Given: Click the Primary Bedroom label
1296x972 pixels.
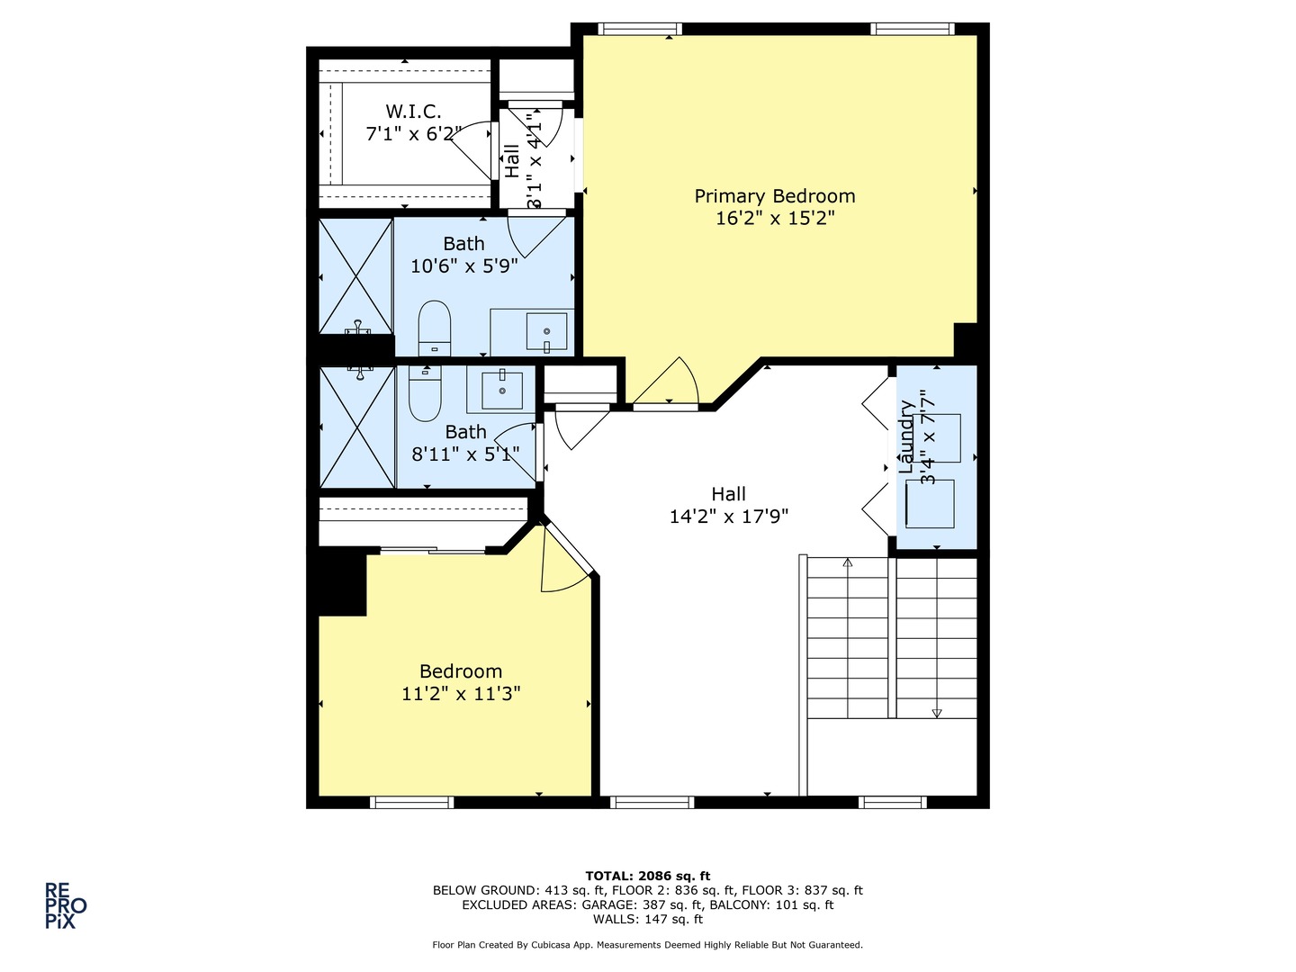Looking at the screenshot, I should pyautogui.click(x=774, y=196).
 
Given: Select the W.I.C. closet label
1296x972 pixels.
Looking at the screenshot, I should pyautogui.click(x=413, y=112).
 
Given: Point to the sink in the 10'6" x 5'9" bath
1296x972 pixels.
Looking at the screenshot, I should pyautogui.click(x=545, y=332).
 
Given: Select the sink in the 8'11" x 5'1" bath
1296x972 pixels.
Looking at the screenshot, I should pyautogui.click(x=501, y=389).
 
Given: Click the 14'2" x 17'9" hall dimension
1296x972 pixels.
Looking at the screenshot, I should pyautogui.click(x=729, y=517).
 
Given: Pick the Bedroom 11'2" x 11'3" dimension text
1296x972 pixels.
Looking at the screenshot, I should pyautogui.click(x=461, y=694).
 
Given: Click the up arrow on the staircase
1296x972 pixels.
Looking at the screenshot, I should pyautogui.click(x=847, y=564).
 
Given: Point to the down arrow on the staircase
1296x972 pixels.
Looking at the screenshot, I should pyautogui.click(x=936, y=712).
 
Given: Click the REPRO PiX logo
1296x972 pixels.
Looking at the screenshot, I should pyautogui.click(x=66, y=905).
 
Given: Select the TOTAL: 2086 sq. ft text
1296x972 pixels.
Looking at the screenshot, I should pyautogui.click(x=647, y=876).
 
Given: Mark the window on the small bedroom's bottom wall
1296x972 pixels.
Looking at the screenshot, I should pyautogui.click(x=411, y=802).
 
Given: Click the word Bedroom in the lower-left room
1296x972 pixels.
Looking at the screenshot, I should pyautogui.click(x=461, y=671).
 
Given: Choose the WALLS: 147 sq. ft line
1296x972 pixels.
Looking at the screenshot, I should pyautogui.click(x=647, y=919).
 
